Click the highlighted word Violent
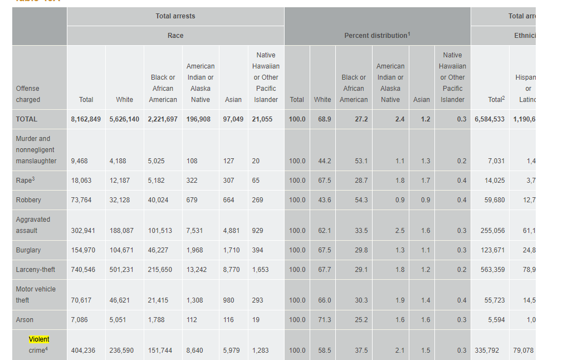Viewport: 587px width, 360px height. pyautogui.click(x=39, y=339)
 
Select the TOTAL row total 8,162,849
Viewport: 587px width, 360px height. pyautogui.click(x=86, y=119)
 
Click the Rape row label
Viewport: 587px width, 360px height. pyautogui.click(x=23, y=181)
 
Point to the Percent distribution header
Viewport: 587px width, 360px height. pyautogui.click(x=376, y=36)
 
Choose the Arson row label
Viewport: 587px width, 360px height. pyautogui.click(x=25, y=320)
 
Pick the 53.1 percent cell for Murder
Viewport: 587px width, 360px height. pyautogui.click(x=361, y=161)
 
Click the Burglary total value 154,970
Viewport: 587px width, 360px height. pyautogui.click(x=83, y=250)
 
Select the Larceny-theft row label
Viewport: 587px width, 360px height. pyautogui.click(x=36, y=270)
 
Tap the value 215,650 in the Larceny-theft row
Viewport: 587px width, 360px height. pyautogui.click(x=160, y=270)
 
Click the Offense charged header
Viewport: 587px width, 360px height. pyautogui.click(x=28, y=94)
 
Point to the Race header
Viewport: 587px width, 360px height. pyautogui.click(x=175, y=36)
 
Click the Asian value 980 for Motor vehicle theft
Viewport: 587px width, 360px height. pyautogui.click(x=229, y=300)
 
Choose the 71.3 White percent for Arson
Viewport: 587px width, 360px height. pyautogui.click(x=324, y=320)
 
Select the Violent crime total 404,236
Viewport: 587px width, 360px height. pyautogui.click(x=83, y=351)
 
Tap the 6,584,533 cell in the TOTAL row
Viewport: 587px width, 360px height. pyautogui.click(x=490, y=119)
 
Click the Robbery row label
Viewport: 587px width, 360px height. pyautogui.click(x=28, y=200)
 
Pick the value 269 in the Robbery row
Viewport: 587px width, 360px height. pyautogui.click(x=257, y=200)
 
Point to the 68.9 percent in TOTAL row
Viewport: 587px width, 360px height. pyautogui.click(x=325, y=119)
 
